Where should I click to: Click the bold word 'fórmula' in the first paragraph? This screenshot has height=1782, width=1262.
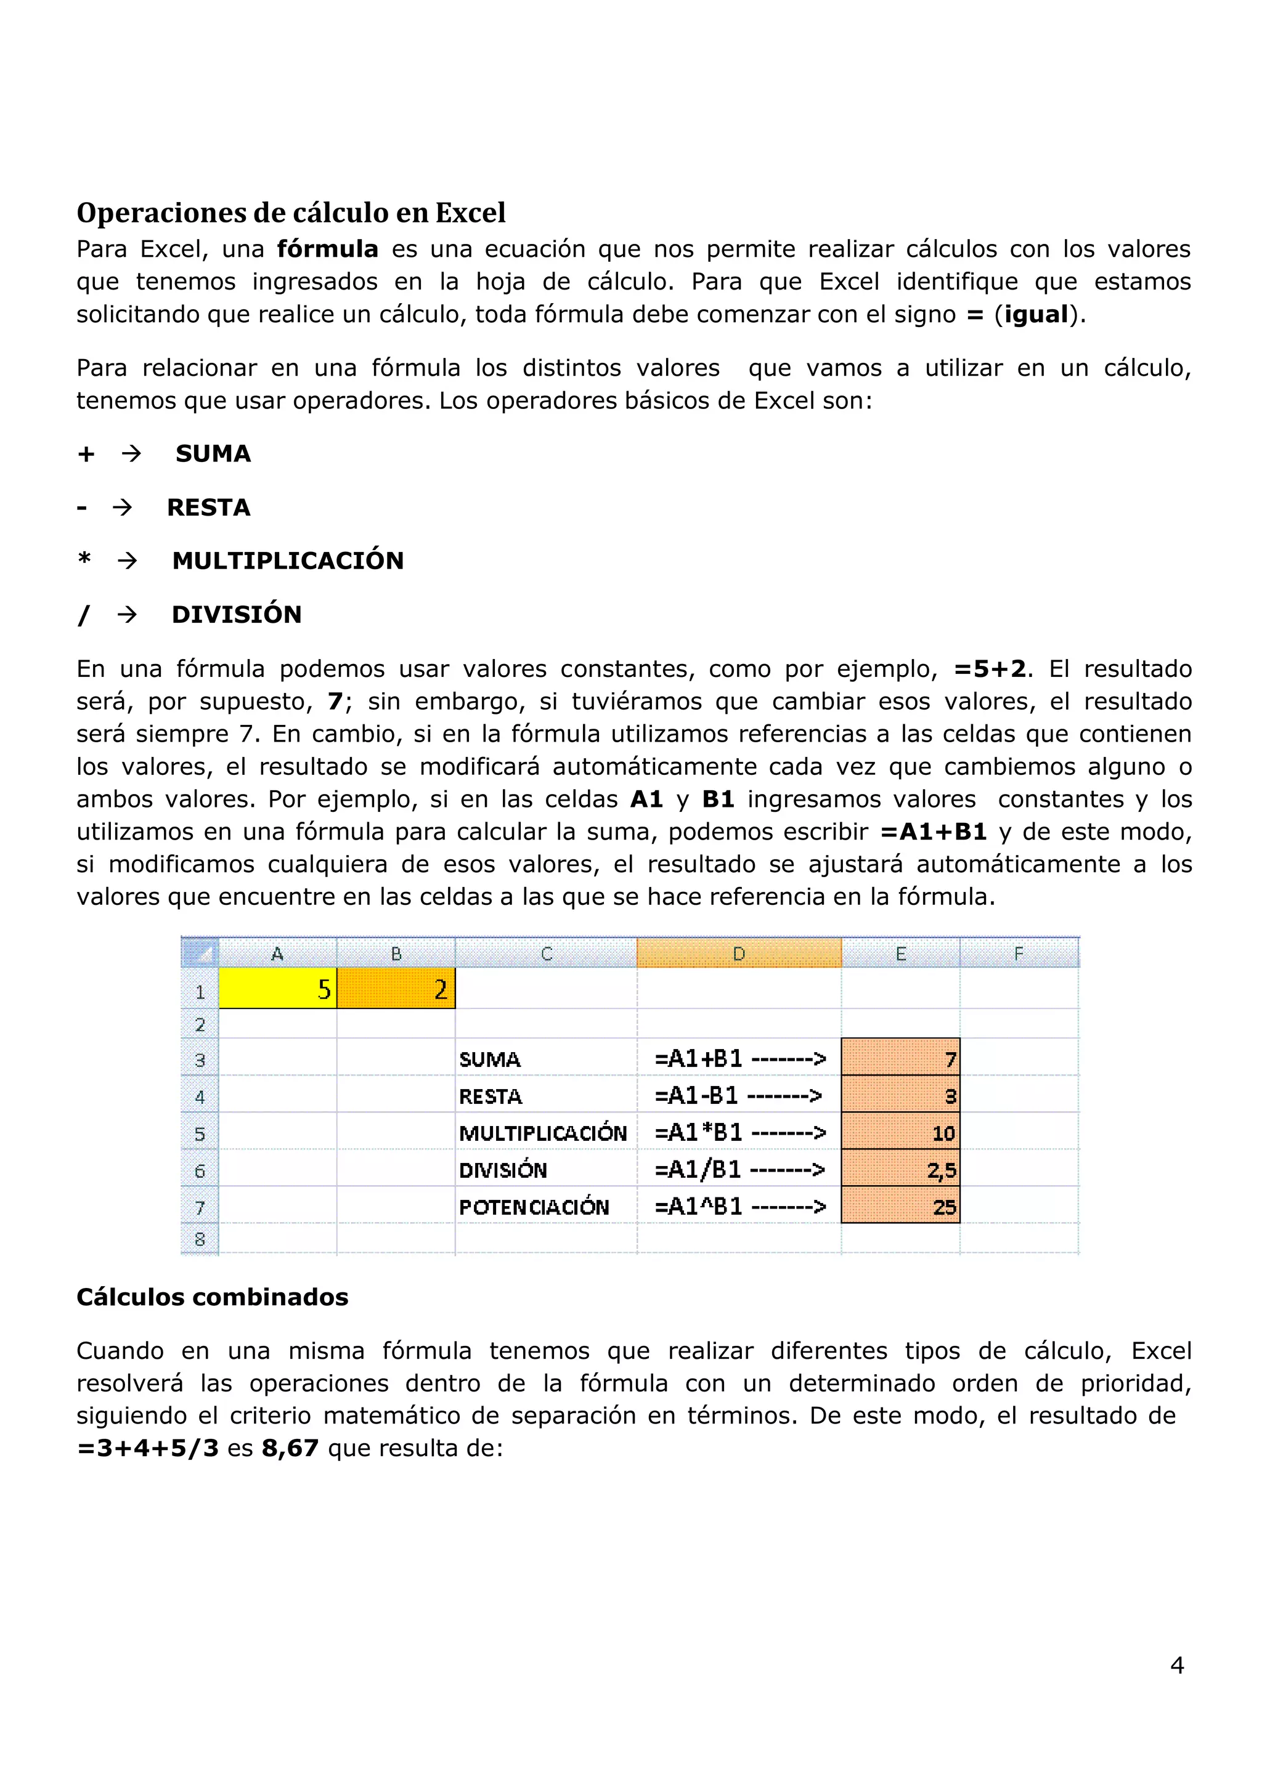[x=327, y=249]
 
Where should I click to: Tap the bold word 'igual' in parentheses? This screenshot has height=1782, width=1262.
[x=1036, y=315]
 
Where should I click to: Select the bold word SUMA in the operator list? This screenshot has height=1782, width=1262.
[x=213, y=453]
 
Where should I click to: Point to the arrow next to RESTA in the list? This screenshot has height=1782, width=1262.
[x=122, y=508]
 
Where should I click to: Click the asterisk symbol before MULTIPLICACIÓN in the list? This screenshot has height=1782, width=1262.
[x=84, y=560]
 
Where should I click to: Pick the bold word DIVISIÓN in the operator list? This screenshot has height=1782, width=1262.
[x=236, y=615]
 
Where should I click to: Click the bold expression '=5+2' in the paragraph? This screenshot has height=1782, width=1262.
[x=990, y=669]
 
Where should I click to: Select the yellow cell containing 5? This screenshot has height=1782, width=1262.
[x=277, y=989]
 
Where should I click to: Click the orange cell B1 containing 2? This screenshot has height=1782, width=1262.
[x=396, y=989]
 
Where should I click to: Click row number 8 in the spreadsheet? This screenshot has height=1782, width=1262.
[x=200, y=1239]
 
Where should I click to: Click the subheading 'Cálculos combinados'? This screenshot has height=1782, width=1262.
[x=212, y=1297]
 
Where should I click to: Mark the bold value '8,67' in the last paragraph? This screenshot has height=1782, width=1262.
[x=290, y=1449]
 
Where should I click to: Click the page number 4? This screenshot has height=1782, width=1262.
[x=1176, y=1665]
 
